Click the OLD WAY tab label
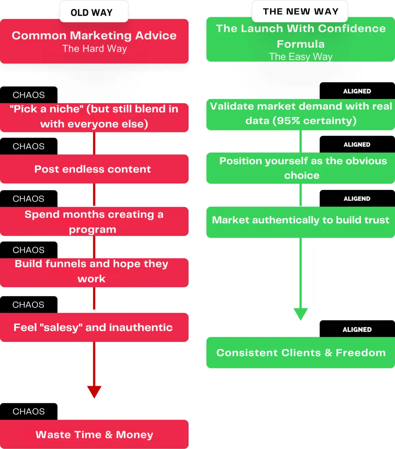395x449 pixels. tap(92, 13)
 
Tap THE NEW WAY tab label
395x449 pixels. tap(301, 12)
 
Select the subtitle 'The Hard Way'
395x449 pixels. tap(94, 49)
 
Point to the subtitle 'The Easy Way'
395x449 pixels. tap(301, 57)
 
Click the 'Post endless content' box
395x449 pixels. tap(94, 169)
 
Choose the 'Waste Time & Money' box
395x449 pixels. tap(94, 435)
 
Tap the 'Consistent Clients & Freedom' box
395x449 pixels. tap(301, 353)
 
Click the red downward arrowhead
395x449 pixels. tap(94, 391)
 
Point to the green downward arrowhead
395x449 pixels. tap(301, 314)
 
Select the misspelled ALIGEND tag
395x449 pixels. tap(357, 199)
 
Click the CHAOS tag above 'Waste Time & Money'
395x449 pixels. tap(29, 411)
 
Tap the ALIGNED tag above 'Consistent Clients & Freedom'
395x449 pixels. tap(357, 330)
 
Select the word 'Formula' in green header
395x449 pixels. tap(301, 44)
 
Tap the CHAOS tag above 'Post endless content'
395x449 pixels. tap(29, 146)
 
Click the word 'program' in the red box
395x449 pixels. tap(92, 229)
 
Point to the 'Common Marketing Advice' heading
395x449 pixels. tap(94, 36)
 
